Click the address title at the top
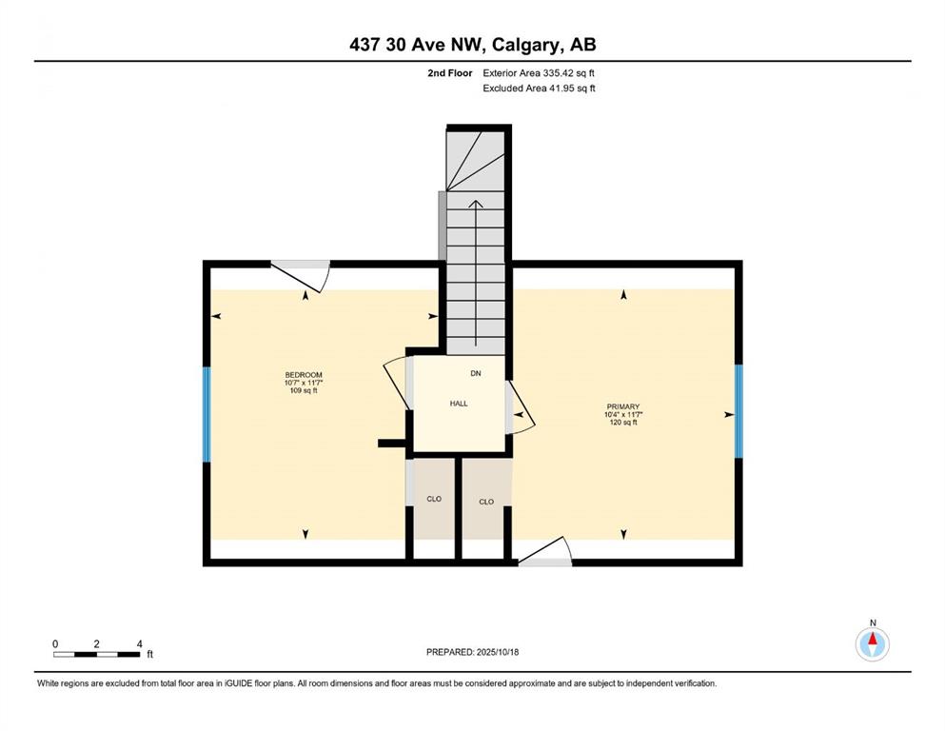(472, 45)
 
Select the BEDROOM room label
(304, 375)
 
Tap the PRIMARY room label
(622, 406)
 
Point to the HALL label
(459, 404)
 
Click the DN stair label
(476, 374)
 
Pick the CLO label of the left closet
(434, 499)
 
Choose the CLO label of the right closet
(486, 502)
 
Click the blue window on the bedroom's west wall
(207, 415)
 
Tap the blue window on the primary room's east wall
(738, 411)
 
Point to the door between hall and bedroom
(398, 384)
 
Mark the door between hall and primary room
(520, 406)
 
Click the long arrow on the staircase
(476, 273)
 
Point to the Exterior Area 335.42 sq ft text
(539, 73)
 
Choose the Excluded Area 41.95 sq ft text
(539, 89)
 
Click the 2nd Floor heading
(449, 73)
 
